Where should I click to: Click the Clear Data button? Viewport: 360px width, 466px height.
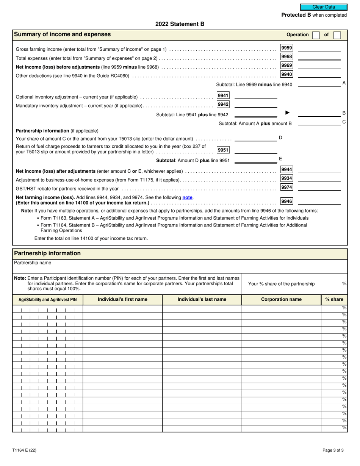tap(324, 7)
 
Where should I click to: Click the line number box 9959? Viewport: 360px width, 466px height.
tap(286, 48)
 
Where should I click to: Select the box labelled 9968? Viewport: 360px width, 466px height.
tap(286, 56)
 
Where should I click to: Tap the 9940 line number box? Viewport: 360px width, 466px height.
tap(286, 74)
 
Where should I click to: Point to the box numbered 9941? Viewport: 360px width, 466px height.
tap(223, 95)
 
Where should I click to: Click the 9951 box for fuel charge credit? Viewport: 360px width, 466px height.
tap(223, 150)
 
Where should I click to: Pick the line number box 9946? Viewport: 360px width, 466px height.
tap(286, 201)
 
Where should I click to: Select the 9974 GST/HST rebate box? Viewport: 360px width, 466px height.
tap(286, 187)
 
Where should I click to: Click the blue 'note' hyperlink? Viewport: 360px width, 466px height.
tap(187, 197)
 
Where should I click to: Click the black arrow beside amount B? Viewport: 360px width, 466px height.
tap(288, 113)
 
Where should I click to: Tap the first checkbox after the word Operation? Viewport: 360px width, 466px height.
tap(316, 35)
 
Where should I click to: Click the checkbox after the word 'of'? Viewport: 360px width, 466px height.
tap(337, 35)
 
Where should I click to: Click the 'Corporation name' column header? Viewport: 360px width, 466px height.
tap(281, 299)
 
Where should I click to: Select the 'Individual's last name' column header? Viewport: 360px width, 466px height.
tap(202, 299)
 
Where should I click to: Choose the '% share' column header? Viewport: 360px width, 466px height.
tap(334, 299)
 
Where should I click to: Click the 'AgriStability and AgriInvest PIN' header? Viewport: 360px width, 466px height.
tap(47, 300)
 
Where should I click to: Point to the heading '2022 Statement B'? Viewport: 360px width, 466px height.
tap(180, 24)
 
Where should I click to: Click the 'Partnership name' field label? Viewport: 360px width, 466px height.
tap(32, 263)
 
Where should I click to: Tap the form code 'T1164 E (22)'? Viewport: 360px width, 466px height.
tap(24, 450)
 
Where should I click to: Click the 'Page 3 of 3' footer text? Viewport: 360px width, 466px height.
tap(333, 450)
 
